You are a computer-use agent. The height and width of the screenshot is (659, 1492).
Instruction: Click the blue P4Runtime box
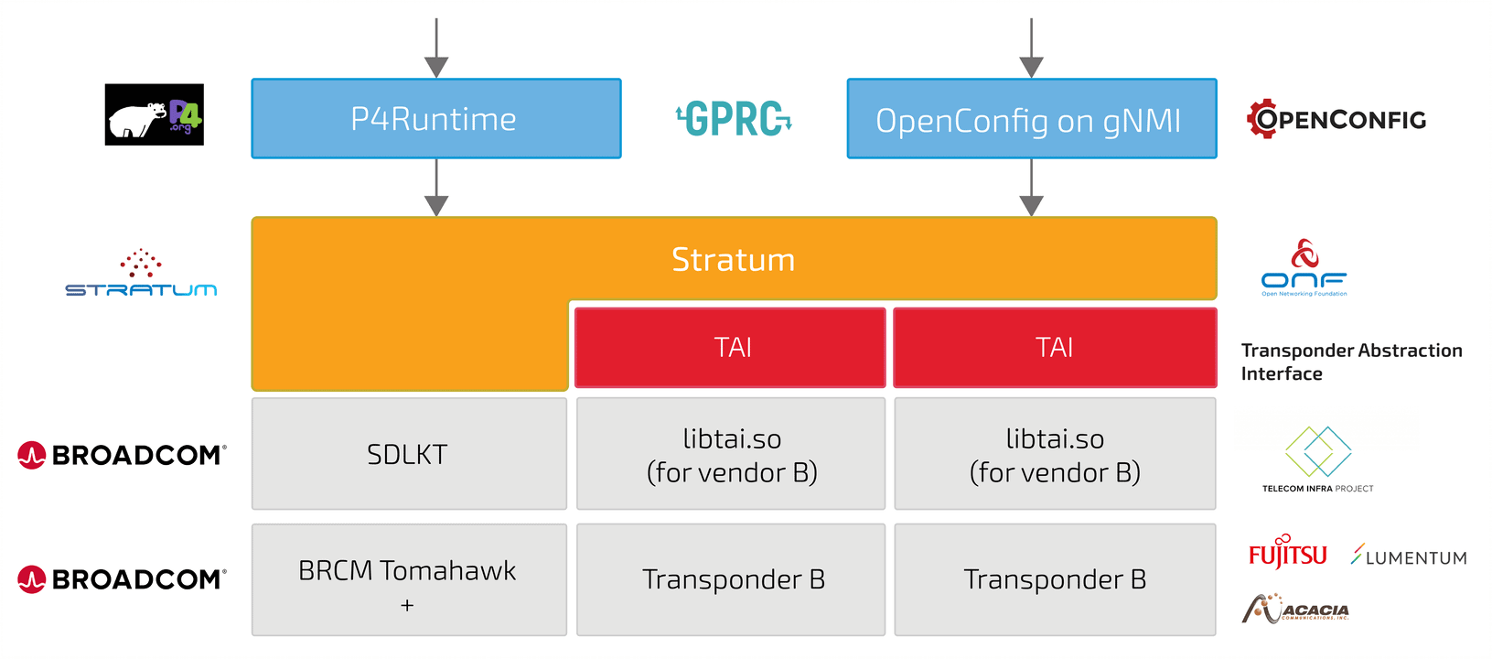tap(436, 119)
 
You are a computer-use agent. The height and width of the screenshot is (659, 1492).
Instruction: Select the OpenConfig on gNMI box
tap(1032, 119)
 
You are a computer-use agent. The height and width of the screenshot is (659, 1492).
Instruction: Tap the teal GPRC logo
tap(734, 119)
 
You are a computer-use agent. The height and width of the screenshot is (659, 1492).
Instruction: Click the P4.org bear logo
tap(154, 114)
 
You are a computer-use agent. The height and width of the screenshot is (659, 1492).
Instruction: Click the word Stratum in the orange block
tap(734, 259)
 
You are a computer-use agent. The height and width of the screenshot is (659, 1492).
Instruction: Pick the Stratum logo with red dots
tap(141, 273)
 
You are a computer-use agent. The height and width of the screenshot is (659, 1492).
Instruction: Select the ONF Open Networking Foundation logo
tap(1304, 267)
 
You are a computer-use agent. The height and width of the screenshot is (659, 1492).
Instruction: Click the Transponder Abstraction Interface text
tap(1351, 362)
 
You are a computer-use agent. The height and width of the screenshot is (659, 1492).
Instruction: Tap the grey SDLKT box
tap(409, 454)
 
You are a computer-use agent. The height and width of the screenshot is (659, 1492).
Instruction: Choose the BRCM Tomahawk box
tap(409, 579)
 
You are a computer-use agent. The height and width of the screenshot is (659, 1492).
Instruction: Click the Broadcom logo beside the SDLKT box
tap(122, 455)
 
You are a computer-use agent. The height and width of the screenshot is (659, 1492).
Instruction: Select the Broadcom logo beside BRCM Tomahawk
tap(122, 579)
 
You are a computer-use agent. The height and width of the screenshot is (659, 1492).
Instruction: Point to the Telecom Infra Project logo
tap(1317, 459)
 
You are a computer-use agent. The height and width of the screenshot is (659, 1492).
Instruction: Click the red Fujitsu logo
tap(1287, 552)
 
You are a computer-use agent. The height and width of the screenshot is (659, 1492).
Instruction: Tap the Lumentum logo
tap(1409, 555)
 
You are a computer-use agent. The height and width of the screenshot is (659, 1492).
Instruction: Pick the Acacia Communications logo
tap(1295, 609)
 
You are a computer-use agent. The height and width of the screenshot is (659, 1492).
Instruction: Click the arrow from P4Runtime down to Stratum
tap(436, 188)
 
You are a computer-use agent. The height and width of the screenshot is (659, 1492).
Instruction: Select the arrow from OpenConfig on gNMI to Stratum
tap(1031, 188)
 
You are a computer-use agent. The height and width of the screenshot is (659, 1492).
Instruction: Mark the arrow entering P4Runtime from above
tap(436, 48)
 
